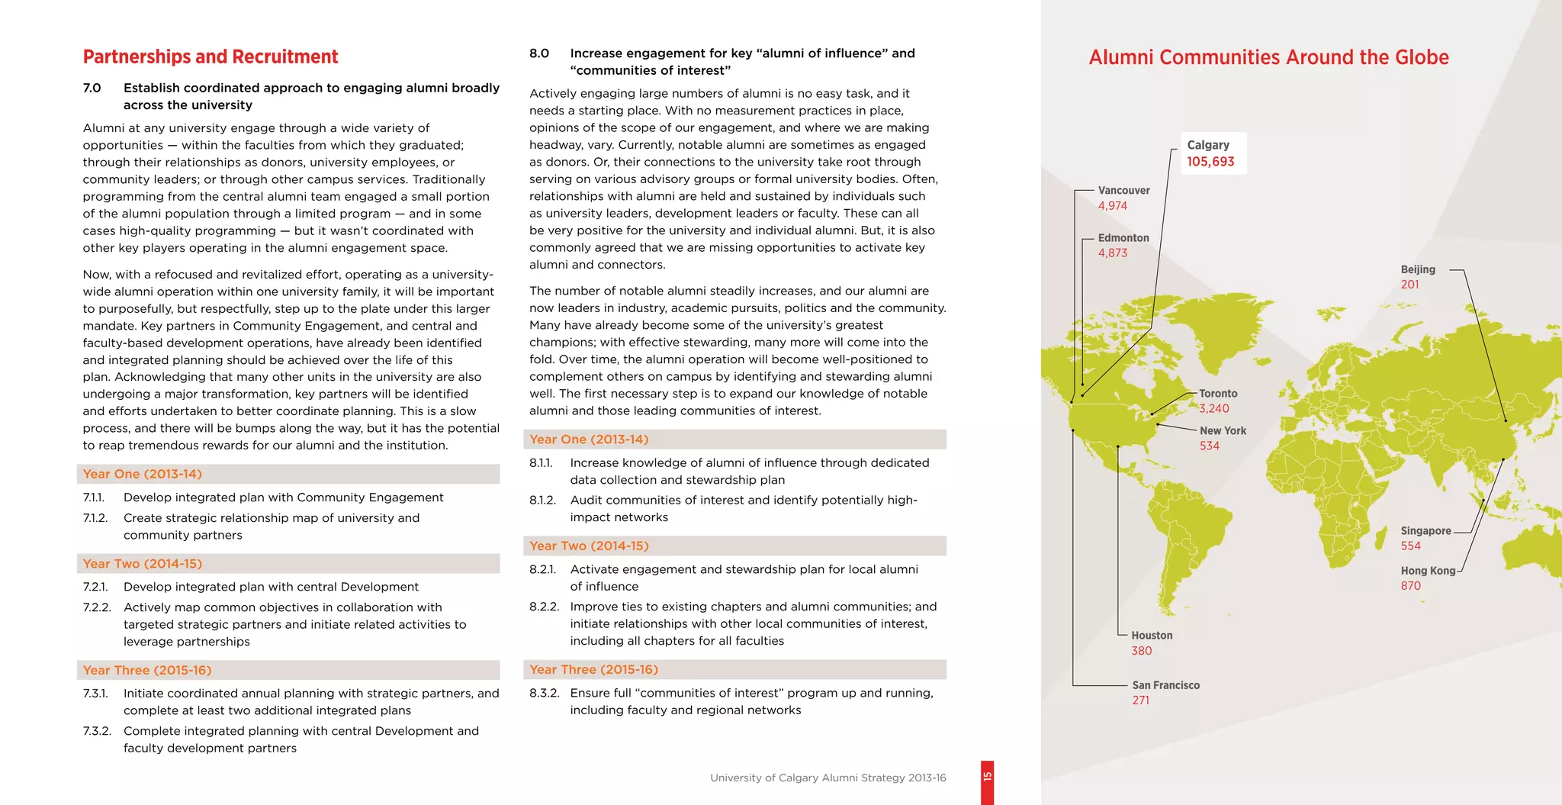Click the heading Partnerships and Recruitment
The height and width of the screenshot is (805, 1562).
211,57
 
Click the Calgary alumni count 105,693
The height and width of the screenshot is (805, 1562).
1210,162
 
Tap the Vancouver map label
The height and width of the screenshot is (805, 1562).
1123,191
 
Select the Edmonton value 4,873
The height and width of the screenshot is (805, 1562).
1113,253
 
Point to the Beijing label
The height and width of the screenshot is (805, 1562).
1417,269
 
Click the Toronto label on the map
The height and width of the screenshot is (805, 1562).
1218,394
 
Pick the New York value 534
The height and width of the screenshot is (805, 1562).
1210,446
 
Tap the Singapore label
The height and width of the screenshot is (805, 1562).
1425,531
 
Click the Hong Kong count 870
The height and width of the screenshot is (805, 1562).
1411,586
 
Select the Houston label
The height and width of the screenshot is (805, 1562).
1152,636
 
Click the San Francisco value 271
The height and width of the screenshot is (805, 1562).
1141,700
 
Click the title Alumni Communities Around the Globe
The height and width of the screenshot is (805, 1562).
1268,57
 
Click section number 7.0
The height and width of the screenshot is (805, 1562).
92,88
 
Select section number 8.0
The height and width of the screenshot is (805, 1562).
538,53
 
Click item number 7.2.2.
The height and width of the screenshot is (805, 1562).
97,607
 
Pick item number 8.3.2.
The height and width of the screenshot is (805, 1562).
544,693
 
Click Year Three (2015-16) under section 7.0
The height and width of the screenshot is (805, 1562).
147,670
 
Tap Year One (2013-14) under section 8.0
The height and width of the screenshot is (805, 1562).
589,440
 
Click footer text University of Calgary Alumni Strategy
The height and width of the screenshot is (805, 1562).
828,778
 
